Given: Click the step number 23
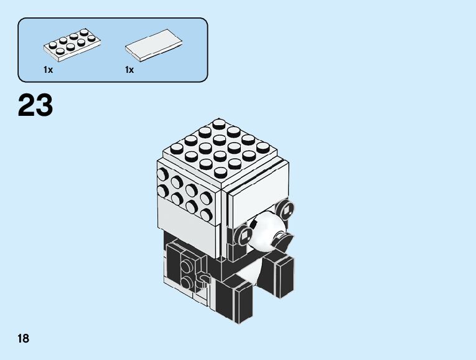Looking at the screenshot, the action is pyautogui.click(x=35, y=106).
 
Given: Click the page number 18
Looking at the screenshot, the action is pyautogui.click(x=24, y=338).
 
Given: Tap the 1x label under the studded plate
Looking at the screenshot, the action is pyautogui.click(x=49, y=70).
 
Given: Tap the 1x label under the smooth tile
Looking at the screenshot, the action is pyautogui.click(x=129, y=70).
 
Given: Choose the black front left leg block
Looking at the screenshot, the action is pyautogui.click(x=237, y=301).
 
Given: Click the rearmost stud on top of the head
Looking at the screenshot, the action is pyautogui.click(x=218, y=125).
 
